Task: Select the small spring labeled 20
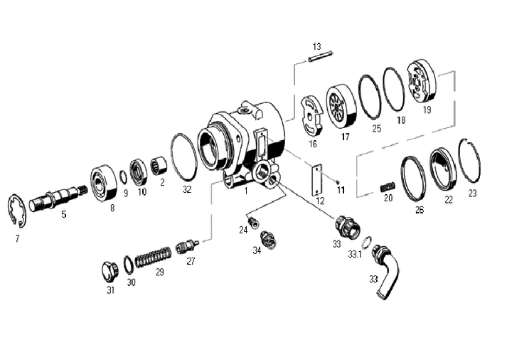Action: [x=388, y=186]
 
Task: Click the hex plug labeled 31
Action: [x=109, y=272]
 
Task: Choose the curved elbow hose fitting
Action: [x=386, y=270]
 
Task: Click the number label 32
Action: [x=187, y=189]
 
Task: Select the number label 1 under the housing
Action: [x=245, y=191]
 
